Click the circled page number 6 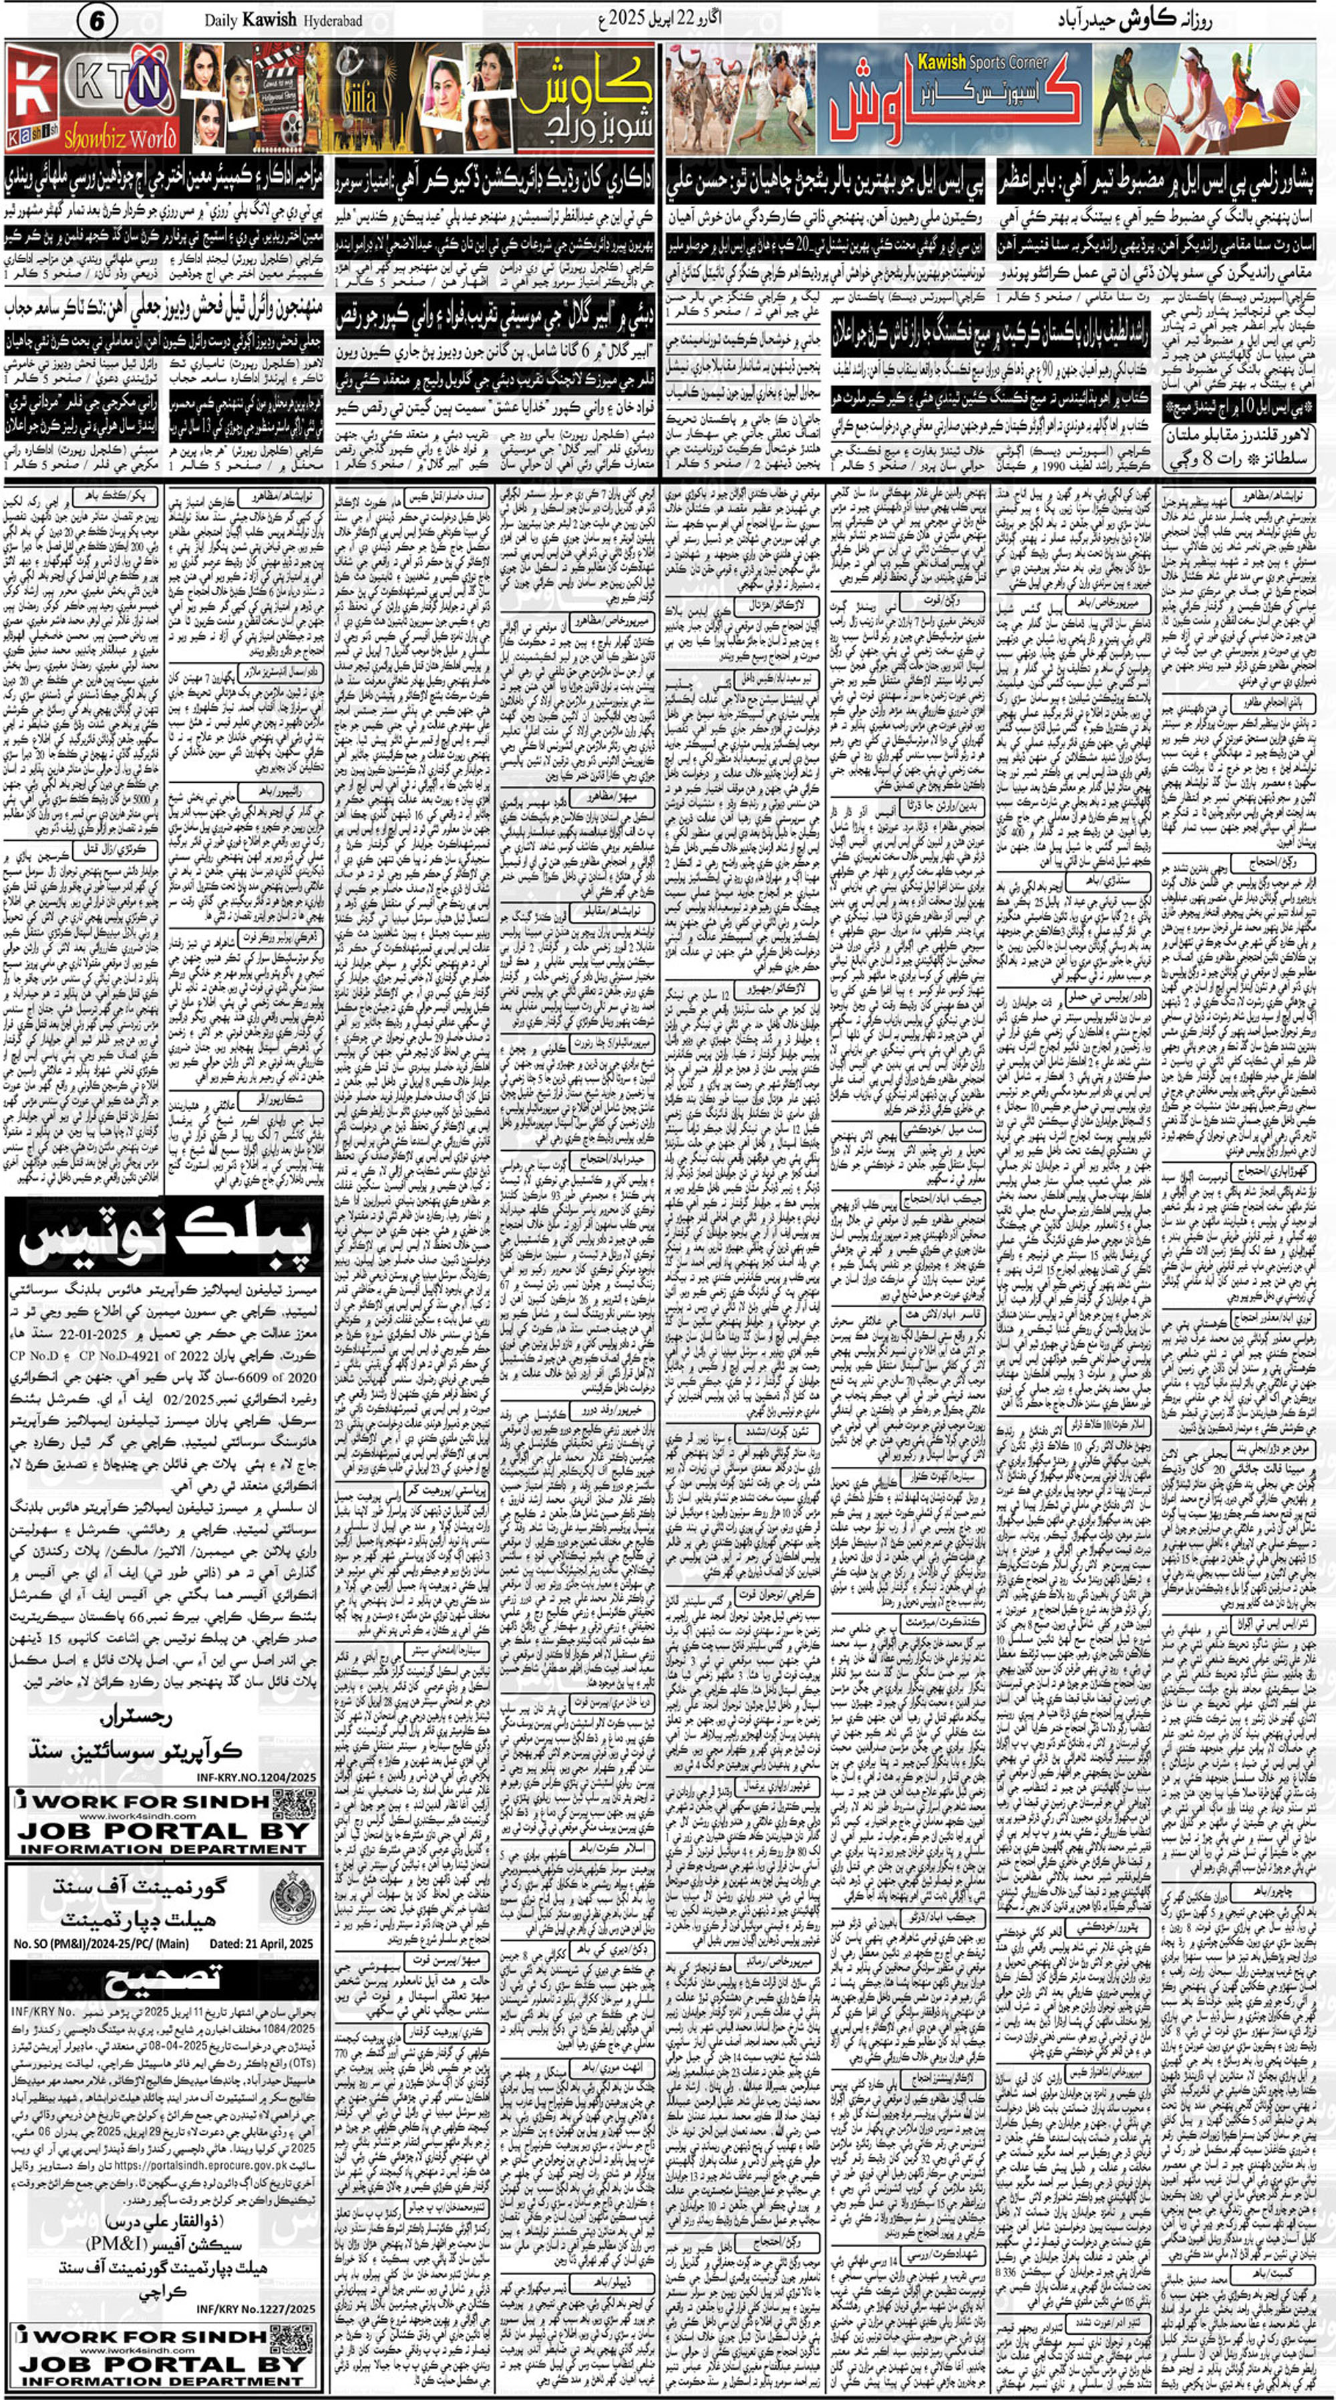pyautogui.click(x=97, y=21)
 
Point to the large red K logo pyautogui.click(x=30, y=97)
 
